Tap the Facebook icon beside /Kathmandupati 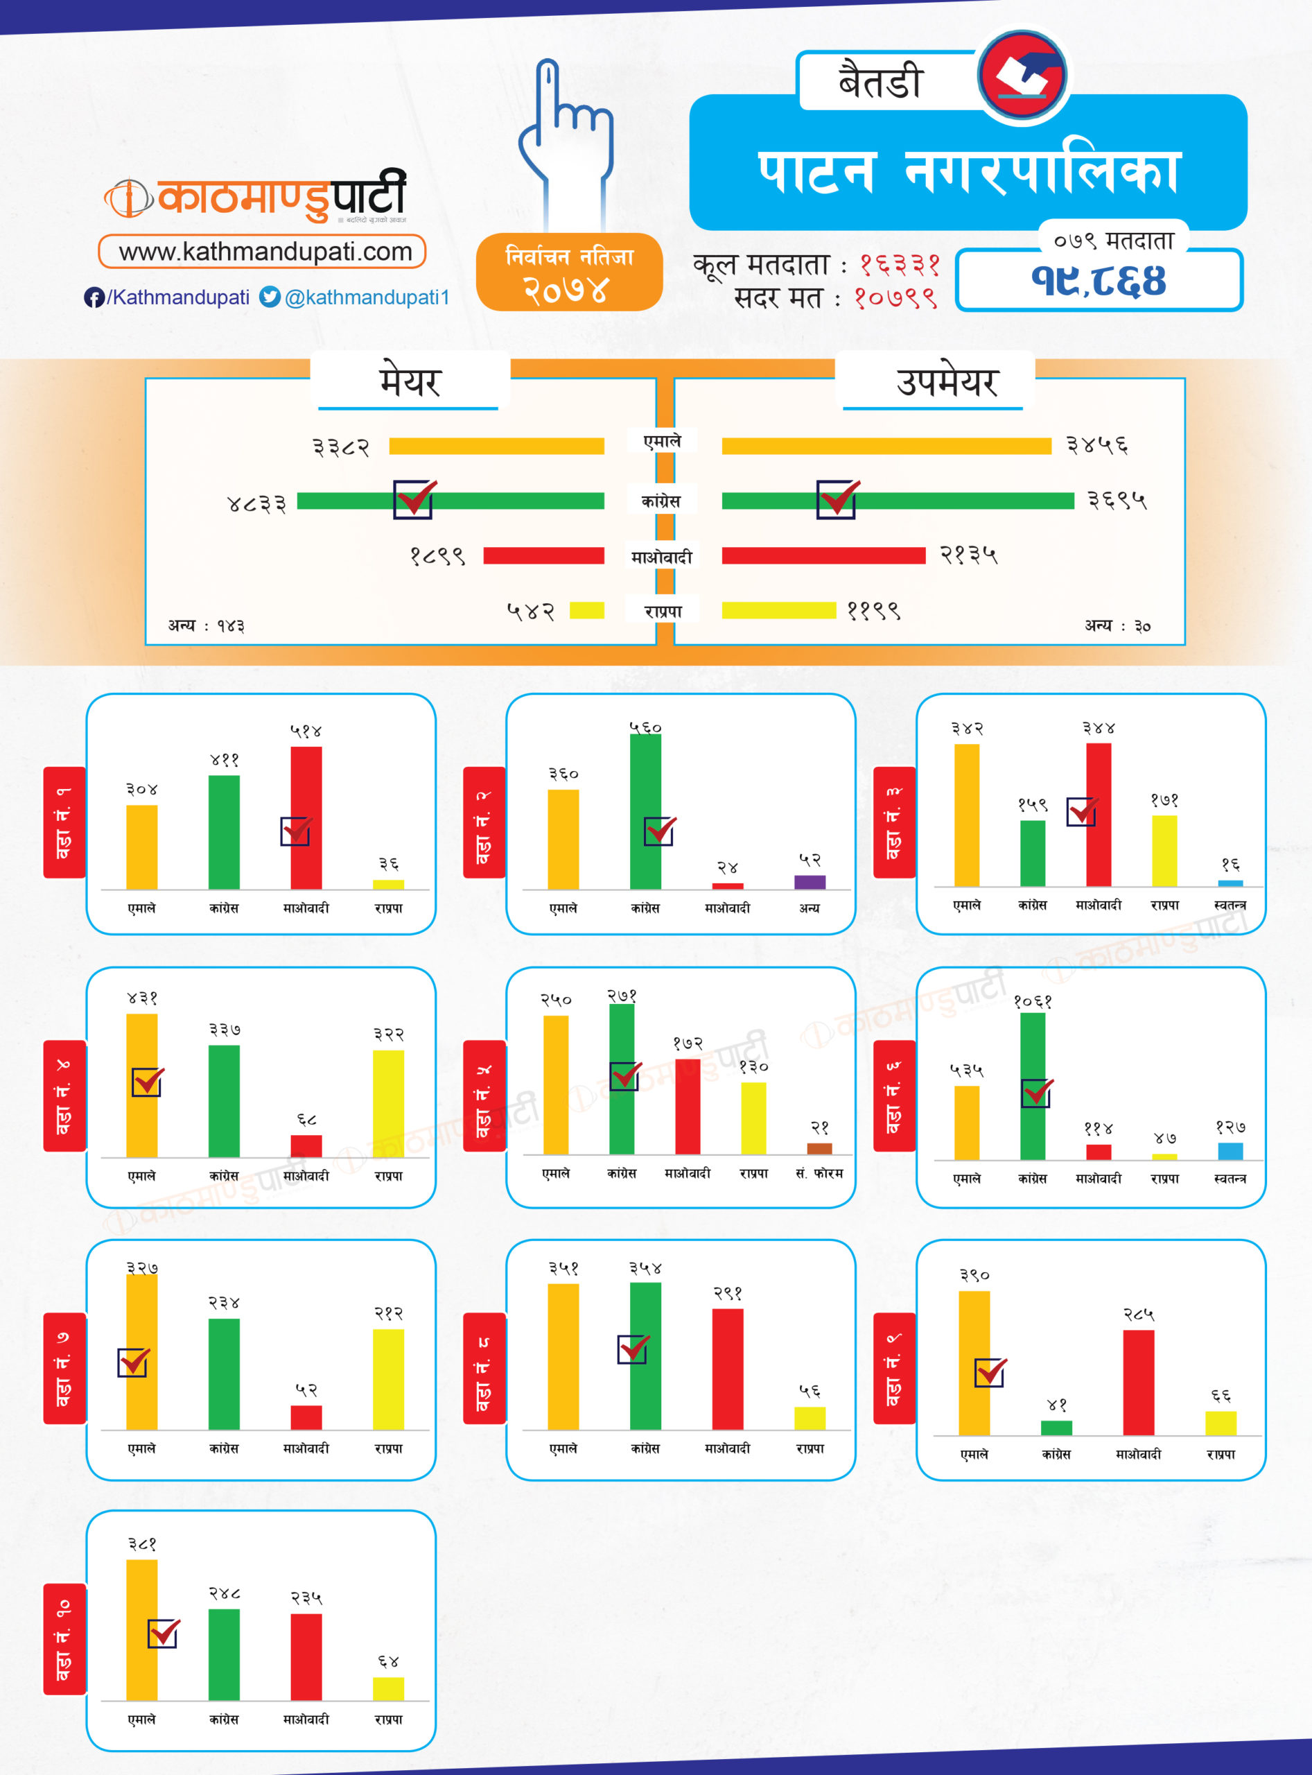coord(94,297)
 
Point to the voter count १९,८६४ coord(1099,279)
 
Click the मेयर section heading coord(409,382)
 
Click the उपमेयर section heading coord(947,382)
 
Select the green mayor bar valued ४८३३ coord(451,501)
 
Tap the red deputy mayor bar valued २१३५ coord(823,555)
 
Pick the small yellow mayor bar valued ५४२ coord(587,610)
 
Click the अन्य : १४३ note coord(207,626)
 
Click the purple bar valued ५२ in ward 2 coord(810,882)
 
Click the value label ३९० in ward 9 coord(974,1275)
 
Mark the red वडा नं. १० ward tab coord(64,1639)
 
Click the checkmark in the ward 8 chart coord(633,1349)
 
